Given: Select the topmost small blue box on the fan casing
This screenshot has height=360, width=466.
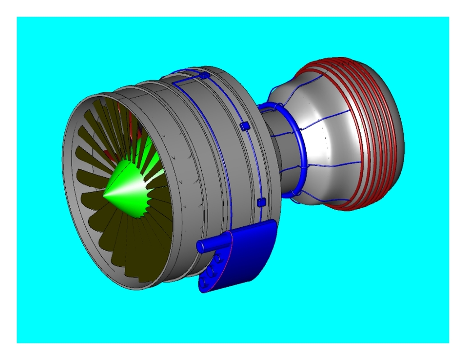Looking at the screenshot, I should [x=204, y=76].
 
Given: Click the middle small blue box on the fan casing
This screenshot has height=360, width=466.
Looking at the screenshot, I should [x=244, y=126].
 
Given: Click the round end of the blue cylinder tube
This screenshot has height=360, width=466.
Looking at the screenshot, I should [x=200, y=246].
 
